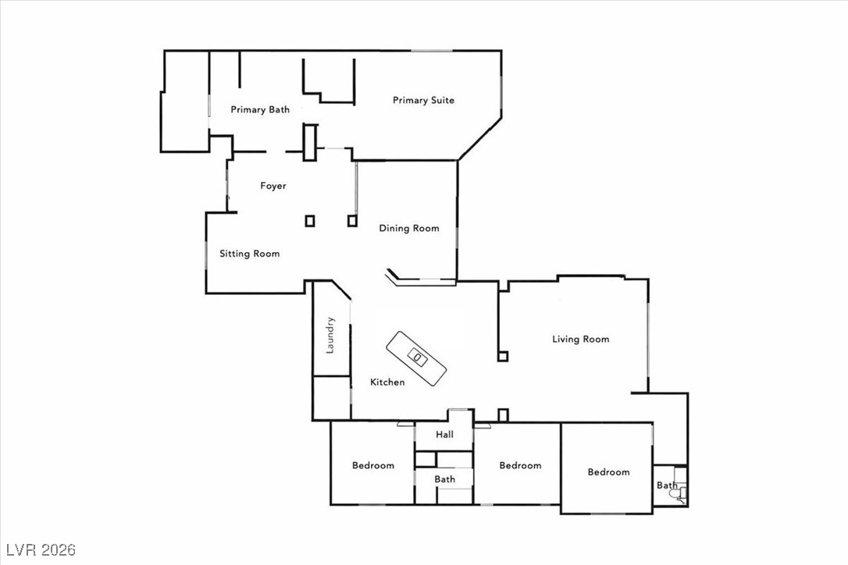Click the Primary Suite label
(423, 100)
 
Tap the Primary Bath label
(260, 110)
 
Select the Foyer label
(273, 186)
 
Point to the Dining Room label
(409, 229)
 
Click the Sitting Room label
(249, 254)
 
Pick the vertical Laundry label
(330, 335)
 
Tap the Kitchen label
(387, 382)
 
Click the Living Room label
(580, 339)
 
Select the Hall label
(444, 435)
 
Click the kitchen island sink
(418, 357)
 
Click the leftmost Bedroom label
(373, 466)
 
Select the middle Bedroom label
(520, 466)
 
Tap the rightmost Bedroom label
(608, 472)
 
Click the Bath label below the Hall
(445, 479)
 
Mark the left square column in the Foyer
(310, 221)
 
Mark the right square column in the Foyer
(352, 221)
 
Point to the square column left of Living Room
(503, 357)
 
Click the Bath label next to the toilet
(666, 485)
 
